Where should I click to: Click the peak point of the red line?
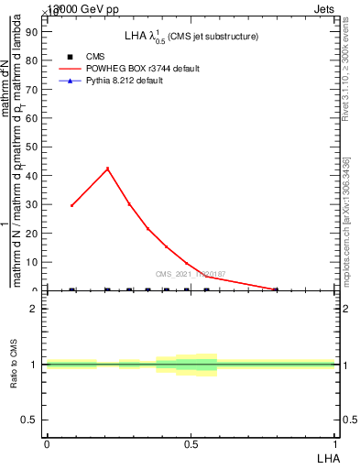click(107, 169)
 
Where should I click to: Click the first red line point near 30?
click(71, 205)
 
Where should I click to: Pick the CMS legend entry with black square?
click(95, 56)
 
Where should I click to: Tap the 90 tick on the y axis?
click(32, 31)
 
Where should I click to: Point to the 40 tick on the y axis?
click(32, 175)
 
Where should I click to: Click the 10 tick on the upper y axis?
click(32, 262)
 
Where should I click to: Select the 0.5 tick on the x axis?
click(191, 444)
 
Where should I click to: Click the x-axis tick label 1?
click(334, 444)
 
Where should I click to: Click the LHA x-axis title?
click(327, 457)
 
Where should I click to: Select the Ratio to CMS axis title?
click(13, 364)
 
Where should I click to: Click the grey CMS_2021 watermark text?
click(191, 274)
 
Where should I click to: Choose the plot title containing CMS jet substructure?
click(191, 36)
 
